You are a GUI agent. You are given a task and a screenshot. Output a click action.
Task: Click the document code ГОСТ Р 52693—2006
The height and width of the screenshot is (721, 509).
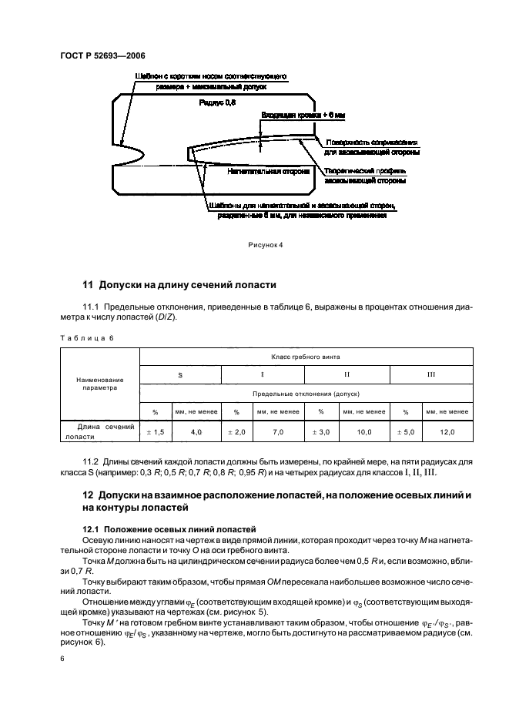(x=102, y=55)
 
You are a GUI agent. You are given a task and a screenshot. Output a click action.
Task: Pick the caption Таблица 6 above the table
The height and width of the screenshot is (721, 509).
(x=85, y=337)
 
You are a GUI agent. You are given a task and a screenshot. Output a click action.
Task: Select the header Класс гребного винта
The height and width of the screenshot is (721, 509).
(x=306, y=357)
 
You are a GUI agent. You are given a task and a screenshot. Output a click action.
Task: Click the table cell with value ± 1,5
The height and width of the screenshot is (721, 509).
(x=156, y=433)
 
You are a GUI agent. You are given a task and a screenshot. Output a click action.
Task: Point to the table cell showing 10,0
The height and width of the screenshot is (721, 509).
(x=364, y=433)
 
